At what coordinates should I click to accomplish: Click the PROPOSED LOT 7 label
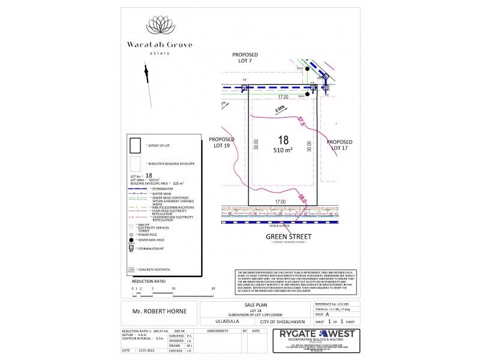tap(245, 57)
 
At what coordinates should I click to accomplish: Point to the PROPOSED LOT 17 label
tap(340, 145)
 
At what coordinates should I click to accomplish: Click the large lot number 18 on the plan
tap(283, 139)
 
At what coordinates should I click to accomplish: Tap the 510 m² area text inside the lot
tap(283, 150)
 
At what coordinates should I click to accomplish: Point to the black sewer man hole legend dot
tap(131, 239)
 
